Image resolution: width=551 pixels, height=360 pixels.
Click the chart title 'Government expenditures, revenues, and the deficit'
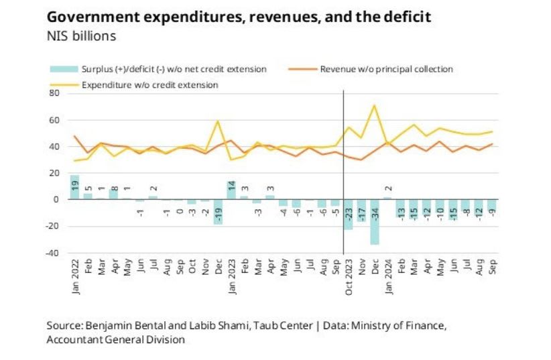click(x=239, y=17)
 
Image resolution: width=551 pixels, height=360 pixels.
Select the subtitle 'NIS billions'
click(x=81, y=36)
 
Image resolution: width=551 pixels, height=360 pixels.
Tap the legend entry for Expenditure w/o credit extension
click(x=149, y=84)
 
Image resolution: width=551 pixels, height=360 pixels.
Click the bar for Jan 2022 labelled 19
click(x=74, y=187)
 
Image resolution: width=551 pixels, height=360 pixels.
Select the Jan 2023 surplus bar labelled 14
click(x=231, y=190)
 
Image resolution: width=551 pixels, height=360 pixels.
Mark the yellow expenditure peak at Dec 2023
click(x=374, y=105)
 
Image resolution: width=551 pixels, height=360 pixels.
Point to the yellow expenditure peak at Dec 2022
click(x=218, y=121)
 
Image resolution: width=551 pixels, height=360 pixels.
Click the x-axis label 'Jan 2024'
click(x=388, y=277)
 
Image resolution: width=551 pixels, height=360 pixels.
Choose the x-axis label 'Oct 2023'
click(x=349, y=277)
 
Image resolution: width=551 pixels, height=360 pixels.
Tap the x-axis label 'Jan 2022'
click(x=74, y=277)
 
